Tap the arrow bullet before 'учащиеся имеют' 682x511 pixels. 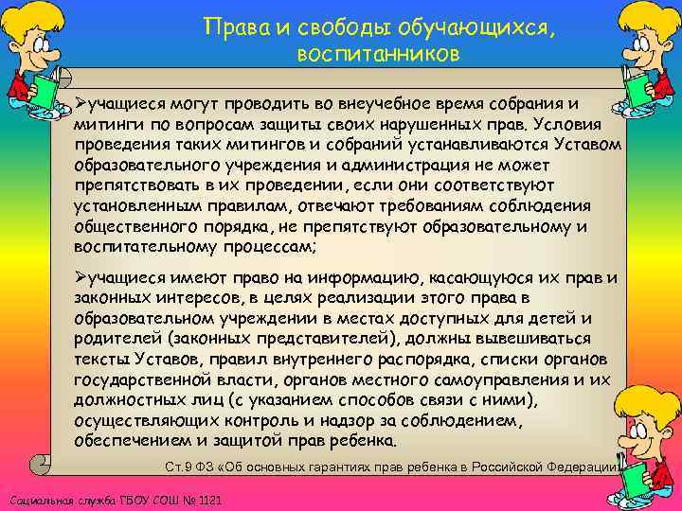pyautogui.click(x=81, y=276)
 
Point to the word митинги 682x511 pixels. pyautogui.click(x=105, y=125)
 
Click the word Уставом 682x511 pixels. pyautogui.click(x=588, y=146)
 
